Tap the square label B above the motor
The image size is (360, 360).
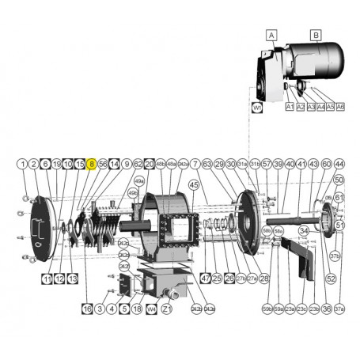(316, 35)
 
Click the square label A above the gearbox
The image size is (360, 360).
(271, 35)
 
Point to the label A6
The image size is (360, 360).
(340, 106)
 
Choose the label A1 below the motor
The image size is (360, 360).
(290, 106)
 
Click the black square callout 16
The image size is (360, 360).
(87, 309)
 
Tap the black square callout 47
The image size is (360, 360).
(205, 279)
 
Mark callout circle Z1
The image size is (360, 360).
(166, 309)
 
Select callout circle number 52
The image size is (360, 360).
(331, 279)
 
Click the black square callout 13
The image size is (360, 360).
(72, 279)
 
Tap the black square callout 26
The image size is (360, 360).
(229, 279)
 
